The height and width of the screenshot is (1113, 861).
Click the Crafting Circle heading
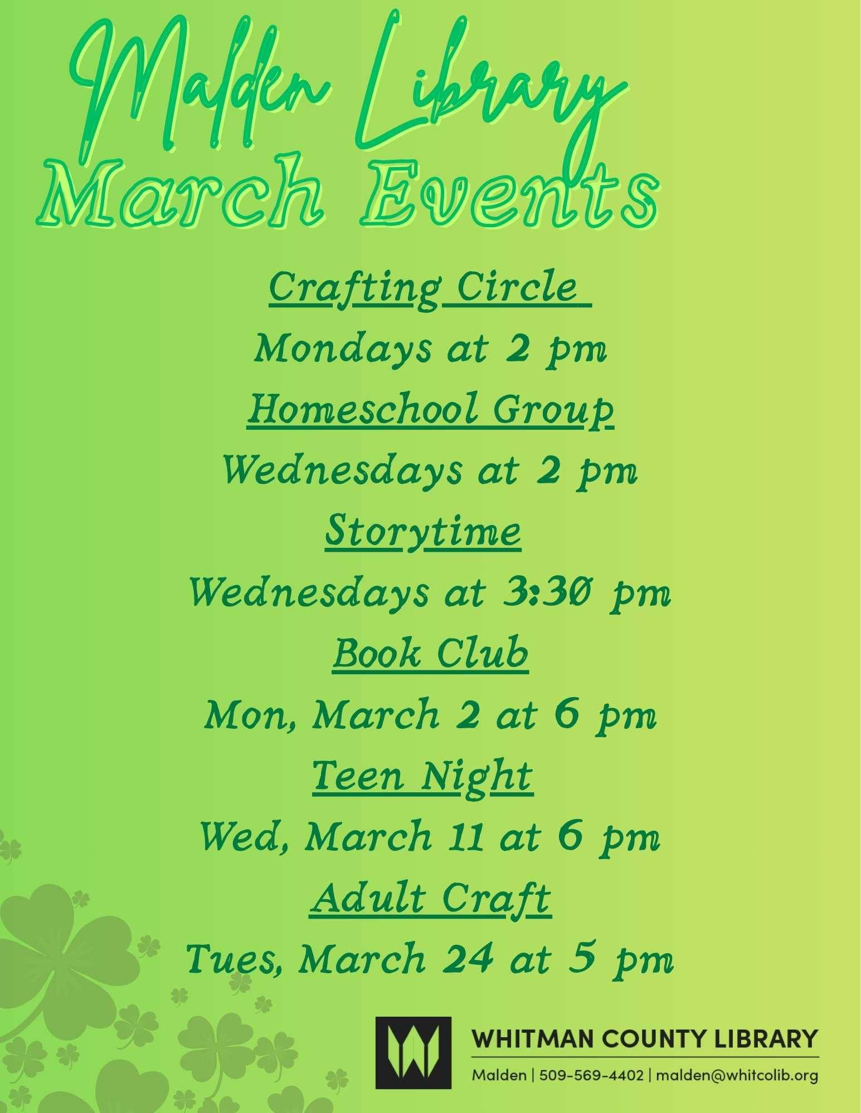tap(429, 288)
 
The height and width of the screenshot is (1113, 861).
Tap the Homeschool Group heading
tap(430, 410)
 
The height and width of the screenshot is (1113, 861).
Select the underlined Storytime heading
tap(423, 532)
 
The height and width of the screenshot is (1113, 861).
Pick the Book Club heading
tap(430, 654)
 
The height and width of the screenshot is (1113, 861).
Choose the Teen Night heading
tap(422, 776)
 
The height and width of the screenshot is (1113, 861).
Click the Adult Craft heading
tap(430, 898)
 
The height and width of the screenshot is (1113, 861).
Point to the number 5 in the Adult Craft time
tap(580, 959)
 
